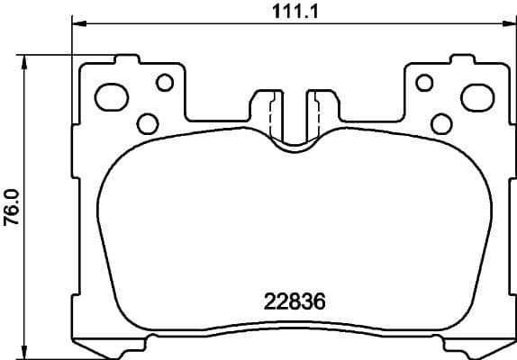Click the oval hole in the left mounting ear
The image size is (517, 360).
pos(112,94)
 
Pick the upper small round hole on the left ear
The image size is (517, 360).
pos(164,83)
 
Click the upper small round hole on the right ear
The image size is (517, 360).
pos(423,83)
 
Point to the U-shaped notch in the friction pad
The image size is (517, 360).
pos(293,144)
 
